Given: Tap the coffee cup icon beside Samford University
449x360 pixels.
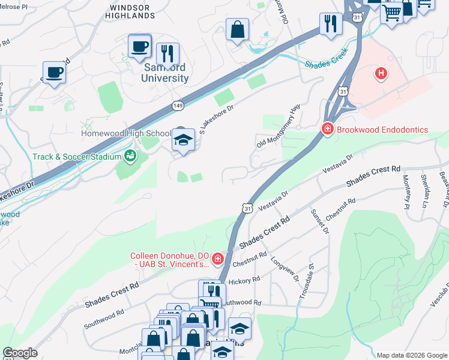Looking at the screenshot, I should coord(140,46).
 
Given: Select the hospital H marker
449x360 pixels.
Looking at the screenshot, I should coord(380,74).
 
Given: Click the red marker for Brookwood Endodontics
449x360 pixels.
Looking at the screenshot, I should coord(328,129).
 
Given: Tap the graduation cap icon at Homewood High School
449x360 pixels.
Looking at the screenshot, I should coord(183,140).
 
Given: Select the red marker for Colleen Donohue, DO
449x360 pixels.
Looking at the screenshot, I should coord(218,259).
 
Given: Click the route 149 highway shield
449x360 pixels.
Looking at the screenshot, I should coord(178,106).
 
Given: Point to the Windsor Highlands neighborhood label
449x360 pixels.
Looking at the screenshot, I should coord(135,10).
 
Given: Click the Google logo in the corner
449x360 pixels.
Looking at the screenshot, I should coord(20,353).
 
